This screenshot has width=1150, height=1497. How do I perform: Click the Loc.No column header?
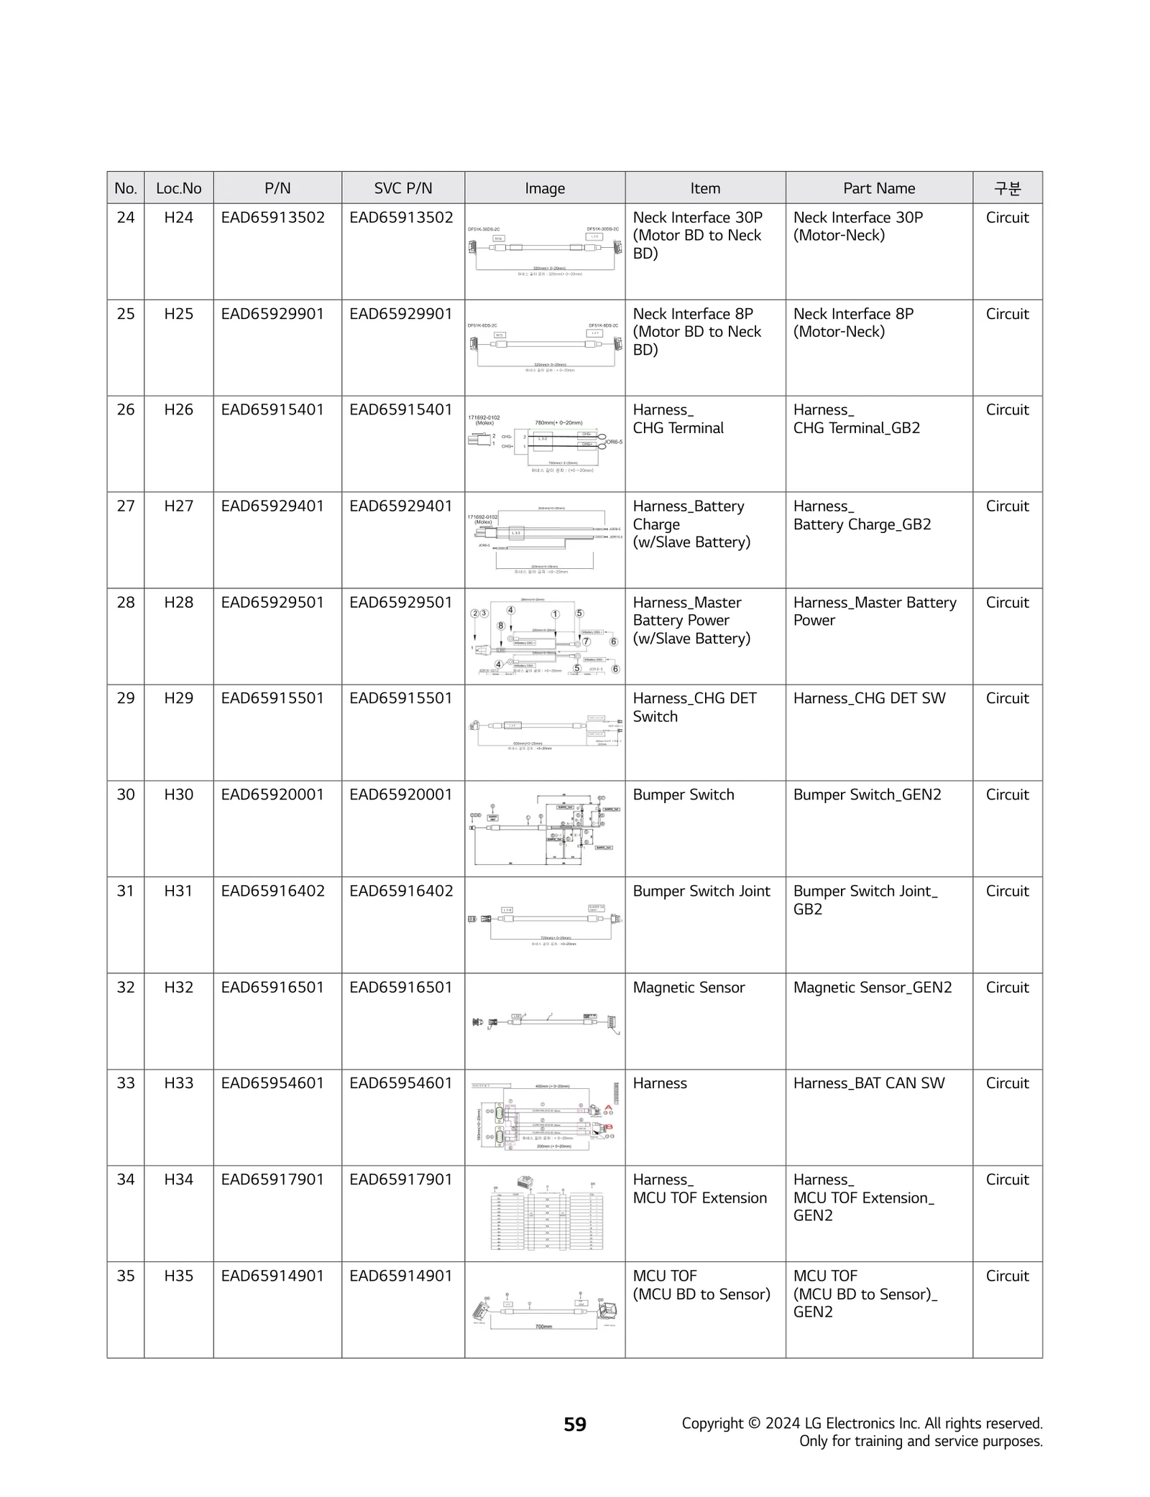click(178, 188)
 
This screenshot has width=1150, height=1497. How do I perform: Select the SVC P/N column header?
click(402, 188)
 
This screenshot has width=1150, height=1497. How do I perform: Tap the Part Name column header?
click(878, 188)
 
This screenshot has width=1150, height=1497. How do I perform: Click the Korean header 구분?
click(1007, 188)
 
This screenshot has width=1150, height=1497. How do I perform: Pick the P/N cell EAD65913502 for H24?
click(272, 218)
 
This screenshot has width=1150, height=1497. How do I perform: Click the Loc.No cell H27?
click(178, 506)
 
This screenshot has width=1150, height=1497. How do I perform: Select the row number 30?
click(125, 794)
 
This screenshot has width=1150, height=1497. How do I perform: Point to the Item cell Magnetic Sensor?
click(689, 988)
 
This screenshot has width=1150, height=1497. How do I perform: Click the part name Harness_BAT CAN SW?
click(868, 1083)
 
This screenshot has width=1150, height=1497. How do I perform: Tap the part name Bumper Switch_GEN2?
click(867, 794)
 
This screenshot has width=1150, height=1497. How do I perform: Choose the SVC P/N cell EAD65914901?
click(401, 1276)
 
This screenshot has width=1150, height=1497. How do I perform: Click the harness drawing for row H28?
click(545, 637)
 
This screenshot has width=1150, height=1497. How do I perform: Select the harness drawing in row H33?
click(545, 1117)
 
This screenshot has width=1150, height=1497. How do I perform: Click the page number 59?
click(575, 1424)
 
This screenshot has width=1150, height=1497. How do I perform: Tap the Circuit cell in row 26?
click(1007, 410)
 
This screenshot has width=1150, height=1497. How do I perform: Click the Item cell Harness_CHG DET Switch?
click(694, 708)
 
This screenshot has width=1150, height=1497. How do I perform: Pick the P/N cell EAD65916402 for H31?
click(272, 891)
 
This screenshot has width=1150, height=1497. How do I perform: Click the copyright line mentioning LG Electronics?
click(862, 1424)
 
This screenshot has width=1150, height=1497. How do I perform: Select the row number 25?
click(125, 314)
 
